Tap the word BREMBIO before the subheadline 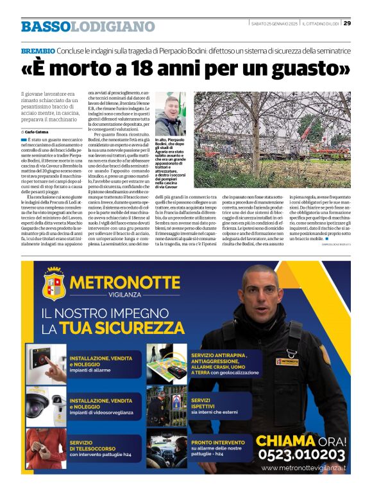[37, 51]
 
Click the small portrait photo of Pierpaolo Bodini [170, 114]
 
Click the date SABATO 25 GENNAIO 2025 [274, 24]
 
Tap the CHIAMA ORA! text [301, 440]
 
